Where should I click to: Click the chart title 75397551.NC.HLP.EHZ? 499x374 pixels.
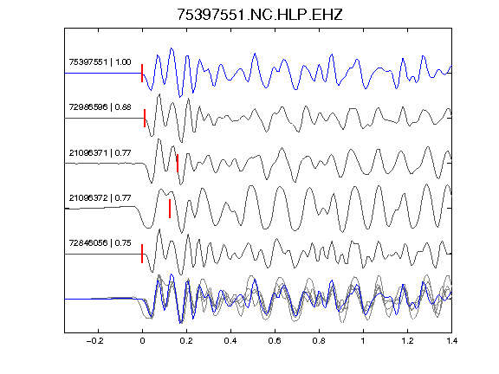260,15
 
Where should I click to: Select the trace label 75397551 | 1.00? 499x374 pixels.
100,61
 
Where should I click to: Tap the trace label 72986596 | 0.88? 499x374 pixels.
100,106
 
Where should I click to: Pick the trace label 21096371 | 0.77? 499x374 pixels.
100,153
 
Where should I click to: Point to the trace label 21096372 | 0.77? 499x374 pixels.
100,197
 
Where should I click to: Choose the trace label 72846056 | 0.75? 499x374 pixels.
100,243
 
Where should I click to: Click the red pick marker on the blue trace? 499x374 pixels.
142,73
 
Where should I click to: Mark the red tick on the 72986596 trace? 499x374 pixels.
145,119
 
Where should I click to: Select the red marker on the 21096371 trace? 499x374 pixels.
178,164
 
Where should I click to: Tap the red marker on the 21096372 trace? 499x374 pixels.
170,209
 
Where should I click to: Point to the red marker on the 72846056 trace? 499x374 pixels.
142,254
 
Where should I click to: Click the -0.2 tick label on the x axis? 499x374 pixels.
94,341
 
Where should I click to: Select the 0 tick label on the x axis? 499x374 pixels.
142,341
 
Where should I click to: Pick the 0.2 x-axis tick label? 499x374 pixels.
186,341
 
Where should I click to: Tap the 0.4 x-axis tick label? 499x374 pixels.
230,341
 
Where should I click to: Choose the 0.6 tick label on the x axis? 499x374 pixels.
275,341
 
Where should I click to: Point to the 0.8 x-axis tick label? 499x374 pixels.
319,341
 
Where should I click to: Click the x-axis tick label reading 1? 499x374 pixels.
363,341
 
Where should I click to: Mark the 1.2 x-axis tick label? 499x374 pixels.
407,341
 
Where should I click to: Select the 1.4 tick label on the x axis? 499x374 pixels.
451,341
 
